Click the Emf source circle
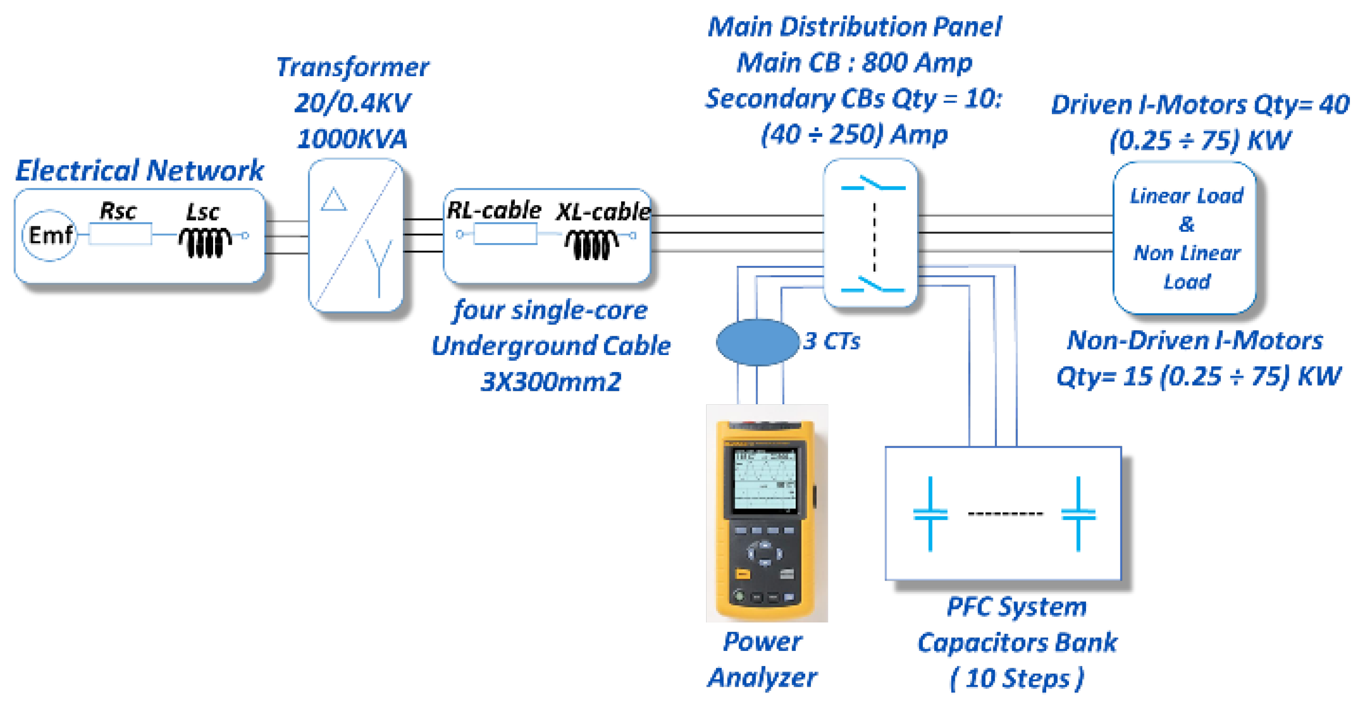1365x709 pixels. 50,235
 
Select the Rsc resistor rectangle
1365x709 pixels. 120,234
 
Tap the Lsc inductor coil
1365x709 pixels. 205,242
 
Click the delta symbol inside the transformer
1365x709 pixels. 334,200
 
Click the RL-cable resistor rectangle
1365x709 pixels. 505,234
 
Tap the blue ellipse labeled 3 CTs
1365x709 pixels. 757,342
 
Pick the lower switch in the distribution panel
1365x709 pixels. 873,286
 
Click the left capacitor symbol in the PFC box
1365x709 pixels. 930,514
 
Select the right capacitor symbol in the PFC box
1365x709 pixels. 1078,514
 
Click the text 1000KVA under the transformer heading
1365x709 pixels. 352,139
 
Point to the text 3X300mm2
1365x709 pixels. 551,381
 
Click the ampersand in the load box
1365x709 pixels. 1187,224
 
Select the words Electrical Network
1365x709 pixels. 139,170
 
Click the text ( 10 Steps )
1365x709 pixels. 1016,678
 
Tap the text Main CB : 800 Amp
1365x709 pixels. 854,63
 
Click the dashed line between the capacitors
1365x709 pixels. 1005,514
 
